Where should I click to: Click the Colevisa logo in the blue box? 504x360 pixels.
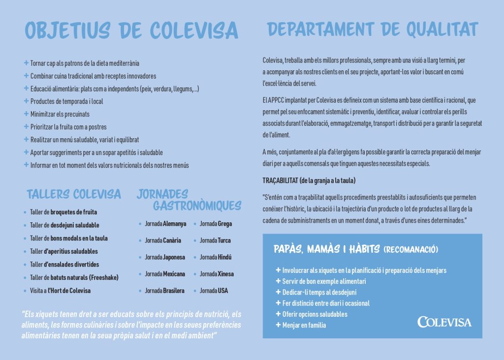tap(444, 322)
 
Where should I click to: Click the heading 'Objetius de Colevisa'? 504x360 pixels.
tap(132, 30)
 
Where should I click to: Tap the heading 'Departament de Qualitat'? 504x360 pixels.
tap(373, 30)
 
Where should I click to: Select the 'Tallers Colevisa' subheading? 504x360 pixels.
tap(74, 194)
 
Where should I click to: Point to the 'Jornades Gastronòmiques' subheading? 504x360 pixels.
tap(189, 199)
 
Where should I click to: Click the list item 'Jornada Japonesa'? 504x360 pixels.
tap(165, 257)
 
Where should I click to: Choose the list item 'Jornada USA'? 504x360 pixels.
tap(214, 291)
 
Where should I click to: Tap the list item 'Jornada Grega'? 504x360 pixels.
tap(216, 224)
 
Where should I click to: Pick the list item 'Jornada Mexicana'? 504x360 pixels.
tap(165, 274)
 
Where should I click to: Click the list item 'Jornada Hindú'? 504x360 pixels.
tap(216, 257)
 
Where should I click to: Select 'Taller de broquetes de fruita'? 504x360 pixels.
tap(63, 212)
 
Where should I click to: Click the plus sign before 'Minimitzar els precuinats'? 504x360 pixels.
tap(26, 114)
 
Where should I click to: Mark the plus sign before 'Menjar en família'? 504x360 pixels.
tap(278, 325)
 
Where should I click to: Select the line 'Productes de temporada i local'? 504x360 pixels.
tap(66, 101)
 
